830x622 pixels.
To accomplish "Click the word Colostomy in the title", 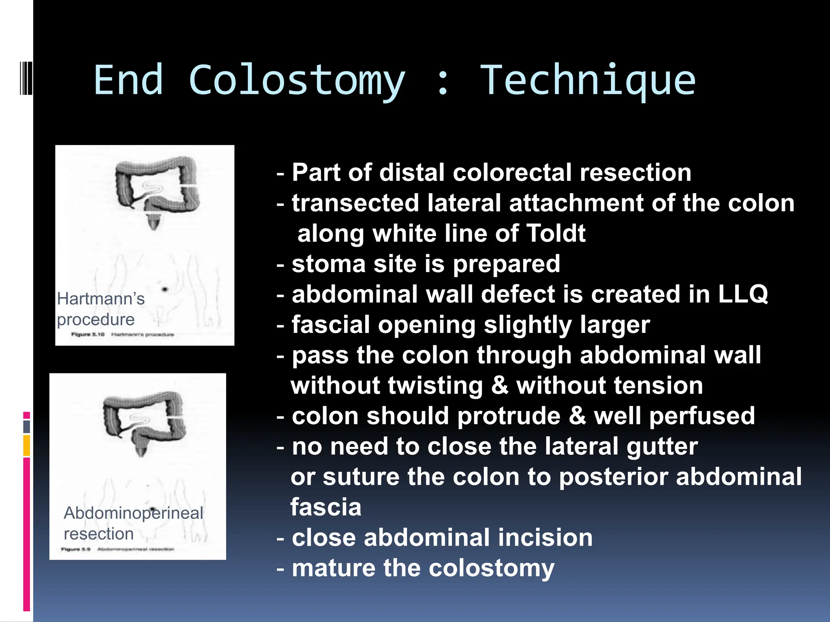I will pyautogui.click(x=297, y=81).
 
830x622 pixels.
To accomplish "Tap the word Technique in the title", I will pyautogui.click(x=588, y=81).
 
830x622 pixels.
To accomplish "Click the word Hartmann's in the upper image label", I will pyautogui.click(x=101, y=299).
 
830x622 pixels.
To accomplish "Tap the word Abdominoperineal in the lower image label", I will pyautogui.click(x=133, y=513).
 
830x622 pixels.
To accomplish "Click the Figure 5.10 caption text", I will pyautogui.click(x=88, y=334).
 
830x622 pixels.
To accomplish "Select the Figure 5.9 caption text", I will pyautogui.click(x=76, y=549).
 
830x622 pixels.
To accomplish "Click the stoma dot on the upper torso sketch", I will pyautogui.click(x=165, y=289).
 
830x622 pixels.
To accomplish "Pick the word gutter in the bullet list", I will pyautogui.click(x=662, y=447).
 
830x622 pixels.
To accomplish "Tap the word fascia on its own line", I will pyautogui.click(x=326, y=507).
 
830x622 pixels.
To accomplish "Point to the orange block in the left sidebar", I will pyautogui.click(x=27, y=445).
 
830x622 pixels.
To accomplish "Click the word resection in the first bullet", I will pyautogui.click(x=635, y=173).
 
